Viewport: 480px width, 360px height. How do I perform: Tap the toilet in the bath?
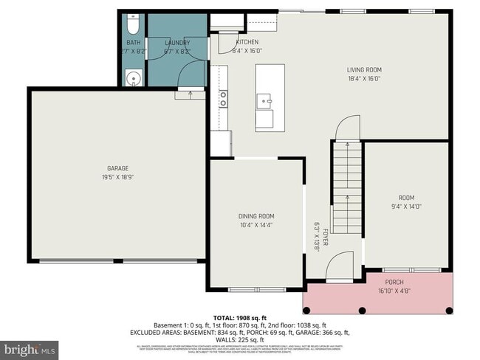[133, 27]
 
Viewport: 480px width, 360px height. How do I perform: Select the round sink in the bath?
[133, 77]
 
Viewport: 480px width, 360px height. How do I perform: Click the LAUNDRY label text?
[177, 43]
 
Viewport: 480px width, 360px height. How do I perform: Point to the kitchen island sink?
[264, 100]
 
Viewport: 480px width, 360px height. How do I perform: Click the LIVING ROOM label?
[364, 70]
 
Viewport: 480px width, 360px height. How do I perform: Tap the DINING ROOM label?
[256, 216]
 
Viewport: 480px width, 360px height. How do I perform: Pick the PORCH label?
[395, 283]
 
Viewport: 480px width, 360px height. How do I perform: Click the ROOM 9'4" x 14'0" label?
[407, 198]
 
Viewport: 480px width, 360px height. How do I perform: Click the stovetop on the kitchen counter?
[223, 99]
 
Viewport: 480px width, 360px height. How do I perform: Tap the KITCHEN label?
[247, 43]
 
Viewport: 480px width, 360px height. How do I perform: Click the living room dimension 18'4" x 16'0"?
[364, 79]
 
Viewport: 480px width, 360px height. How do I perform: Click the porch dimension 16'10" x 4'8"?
[395, 291]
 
